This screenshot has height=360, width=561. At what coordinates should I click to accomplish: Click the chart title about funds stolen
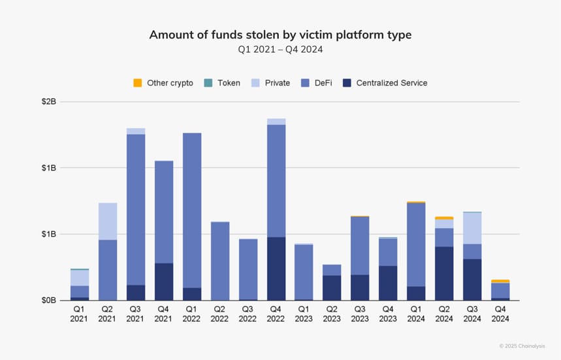coord(280,35)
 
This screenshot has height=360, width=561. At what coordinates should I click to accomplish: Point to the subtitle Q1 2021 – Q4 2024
coord(280,50)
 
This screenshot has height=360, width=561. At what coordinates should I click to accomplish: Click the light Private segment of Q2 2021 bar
coord(108,221)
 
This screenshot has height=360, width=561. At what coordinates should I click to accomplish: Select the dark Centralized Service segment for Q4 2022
coord(276,269)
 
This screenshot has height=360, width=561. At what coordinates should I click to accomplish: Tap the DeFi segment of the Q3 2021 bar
coord(136,209)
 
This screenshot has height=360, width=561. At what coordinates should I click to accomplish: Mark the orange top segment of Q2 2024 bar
coord(444,218)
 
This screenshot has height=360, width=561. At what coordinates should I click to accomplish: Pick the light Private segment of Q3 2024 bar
coord(472,228)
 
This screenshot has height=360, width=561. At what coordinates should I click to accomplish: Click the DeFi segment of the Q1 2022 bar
coord(192,210)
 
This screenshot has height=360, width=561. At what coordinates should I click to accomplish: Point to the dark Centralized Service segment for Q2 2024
coord(444,273)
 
